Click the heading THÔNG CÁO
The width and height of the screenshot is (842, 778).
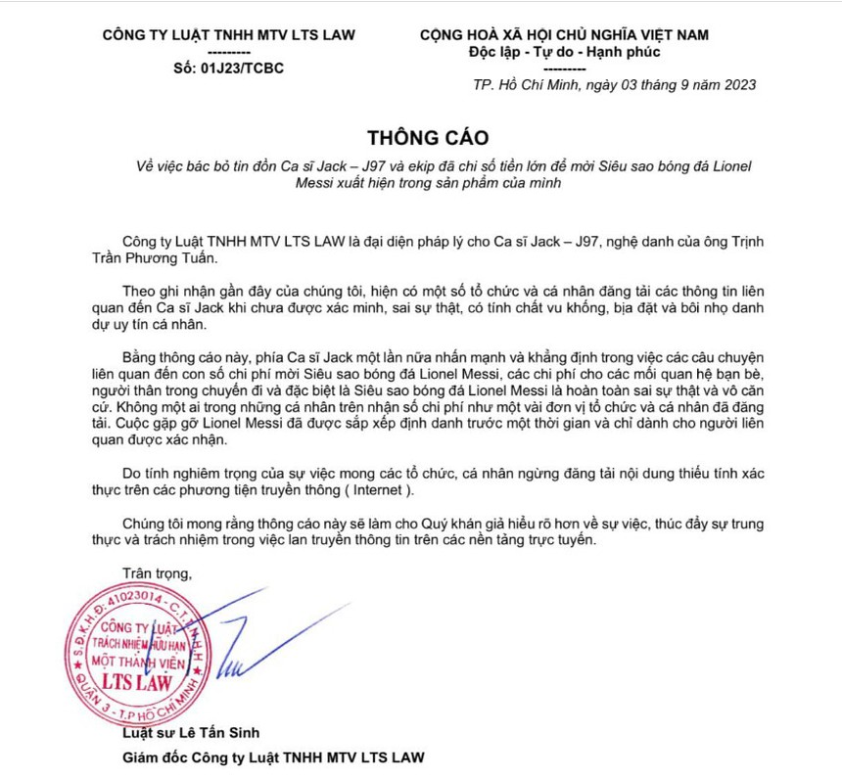427,135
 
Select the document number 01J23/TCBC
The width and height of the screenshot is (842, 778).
241,69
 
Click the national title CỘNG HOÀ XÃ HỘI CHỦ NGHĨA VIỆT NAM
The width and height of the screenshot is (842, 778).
564,35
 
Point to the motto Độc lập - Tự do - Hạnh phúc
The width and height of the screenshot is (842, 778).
566,52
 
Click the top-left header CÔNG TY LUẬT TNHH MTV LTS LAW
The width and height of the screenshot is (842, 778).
228,35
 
